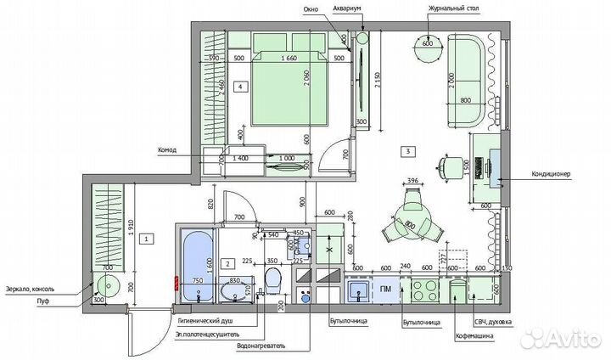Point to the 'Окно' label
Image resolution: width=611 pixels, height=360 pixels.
point(311,10)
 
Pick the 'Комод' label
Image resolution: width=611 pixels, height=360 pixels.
point(167,151)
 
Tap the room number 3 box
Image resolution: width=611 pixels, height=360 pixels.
point(409,152)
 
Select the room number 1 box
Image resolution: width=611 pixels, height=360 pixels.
point(147,239)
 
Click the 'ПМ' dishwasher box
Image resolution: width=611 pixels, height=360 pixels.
point(384,290)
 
